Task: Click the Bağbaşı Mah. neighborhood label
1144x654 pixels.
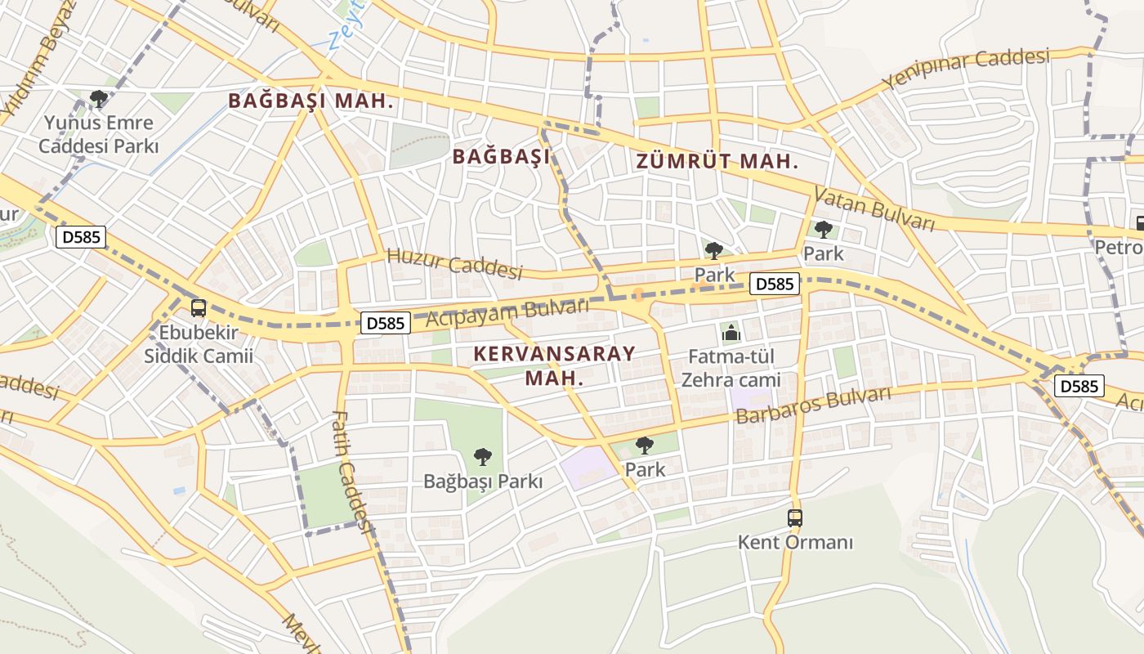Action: (x=311, y=101)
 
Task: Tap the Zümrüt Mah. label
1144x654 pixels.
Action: (x=717, y=162)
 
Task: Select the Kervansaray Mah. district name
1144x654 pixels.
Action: (x=554, y=365)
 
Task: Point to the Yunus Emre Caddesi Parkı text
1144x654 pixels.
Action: (x=98, y=135)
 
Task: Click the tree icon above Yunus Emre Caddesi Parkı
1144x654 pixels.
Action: (x=99, y=100)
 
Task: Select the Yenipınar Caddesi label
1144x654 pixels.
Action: (x=965, y=70)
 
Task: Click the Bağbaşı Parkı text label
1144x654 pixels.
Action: (x=483, y=482)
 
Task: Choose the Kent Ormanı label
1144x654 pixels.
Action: (x=795, y=542)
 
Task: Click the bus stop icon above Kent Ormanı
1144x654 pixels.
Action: (x=795, y=517)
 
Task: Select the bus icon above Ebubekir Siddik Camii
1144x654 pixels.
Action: (x=199, y=308)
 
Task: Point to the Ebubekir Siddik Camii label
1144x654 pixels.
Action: (x=199, y=344)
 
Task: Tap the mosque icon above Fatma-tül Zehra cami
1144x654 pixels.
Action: (x=731, y=333)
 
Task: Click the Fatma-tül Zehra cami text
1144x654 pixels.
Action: (x=731, y=369)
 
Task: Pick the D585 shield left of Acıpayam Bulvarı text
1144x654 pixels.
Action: (x=386, y=323)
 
